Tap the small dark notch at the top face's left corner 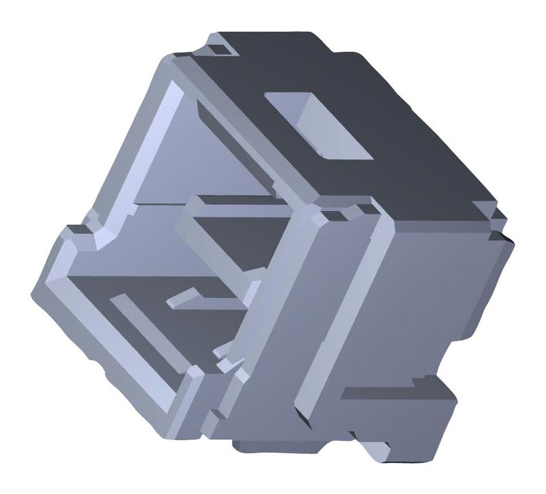point(220,49)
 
